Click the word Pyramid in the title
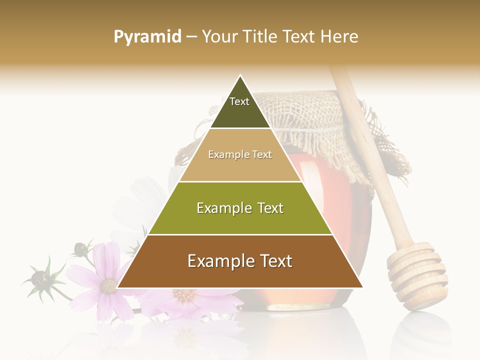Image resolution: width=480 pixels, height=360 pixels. click(147, 36)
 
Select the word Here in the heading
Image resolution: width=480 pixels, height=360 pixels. click(339, 36)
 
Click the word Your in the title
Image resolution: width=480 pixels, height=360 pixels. click(220, 36)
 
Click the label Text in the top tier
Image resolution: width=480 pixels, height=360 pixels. click(239, 101)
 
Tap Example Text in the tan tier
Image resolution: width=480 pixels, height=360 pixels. click(240, 154)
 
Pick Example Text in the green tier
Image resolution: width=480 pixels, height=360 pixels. click(240, 208)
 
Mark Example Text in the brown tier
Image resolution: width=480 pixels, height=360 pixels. click(240, 261)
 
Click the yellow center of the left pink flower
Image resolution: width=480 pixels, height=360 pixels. click(108, 285)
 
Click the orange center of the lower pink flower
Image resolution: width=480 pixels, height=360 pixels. click(185, 295)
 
